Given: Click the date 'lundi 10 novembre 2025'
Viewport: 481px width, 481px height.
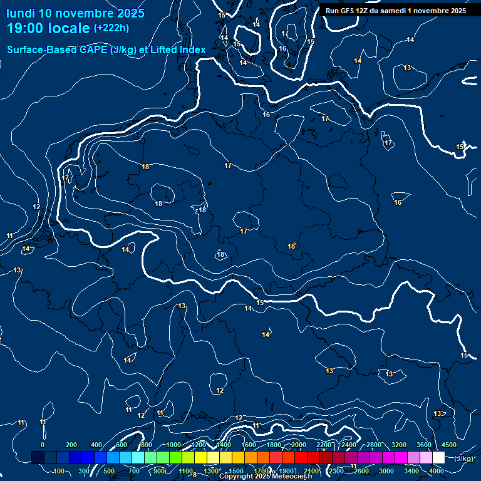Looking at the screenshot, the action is point(75,13).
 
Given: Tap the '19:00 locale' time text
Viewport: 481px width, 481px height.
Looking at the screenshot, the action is point(49,28).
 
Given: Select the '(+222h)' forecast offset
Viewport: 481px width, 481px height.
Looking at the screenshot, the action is point(111,28).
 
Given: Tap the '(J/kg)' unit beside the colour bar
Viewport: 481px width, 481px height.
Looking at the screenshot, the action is point(463,458).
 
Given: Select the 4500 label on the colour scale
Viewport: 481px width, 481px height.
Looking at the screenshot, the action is point(449,445).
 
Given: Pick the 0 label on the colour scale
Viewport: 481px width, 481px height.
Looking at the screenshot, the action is point(43,445).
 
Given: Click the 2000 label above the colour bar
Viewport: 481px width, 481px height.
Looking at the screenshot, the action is point(299,445).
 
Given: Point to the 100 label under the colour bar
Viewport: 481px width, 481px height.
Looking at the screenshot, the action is point(59,471).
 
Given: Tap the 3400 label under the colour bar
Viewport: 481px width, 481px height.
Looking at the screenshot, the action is point(411,471).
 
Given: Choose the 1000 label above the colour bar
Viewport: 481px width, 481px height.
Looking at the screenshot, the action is point(173,445).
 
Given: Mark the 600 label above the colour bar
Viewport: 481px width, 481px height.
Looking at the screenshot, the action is point(122,445).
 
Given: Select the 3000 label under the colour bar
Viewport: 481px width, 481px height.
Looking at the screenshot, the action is point(386,471).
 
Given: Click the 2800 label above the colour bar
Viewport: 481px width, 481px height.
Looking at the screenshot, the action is point(374,445).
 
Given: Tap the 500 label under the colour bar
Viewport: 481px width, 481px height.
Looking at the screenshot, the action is point(109,471).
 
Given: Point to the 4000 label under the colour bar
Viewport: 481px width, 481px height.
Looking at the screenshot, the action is point(437,471).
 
